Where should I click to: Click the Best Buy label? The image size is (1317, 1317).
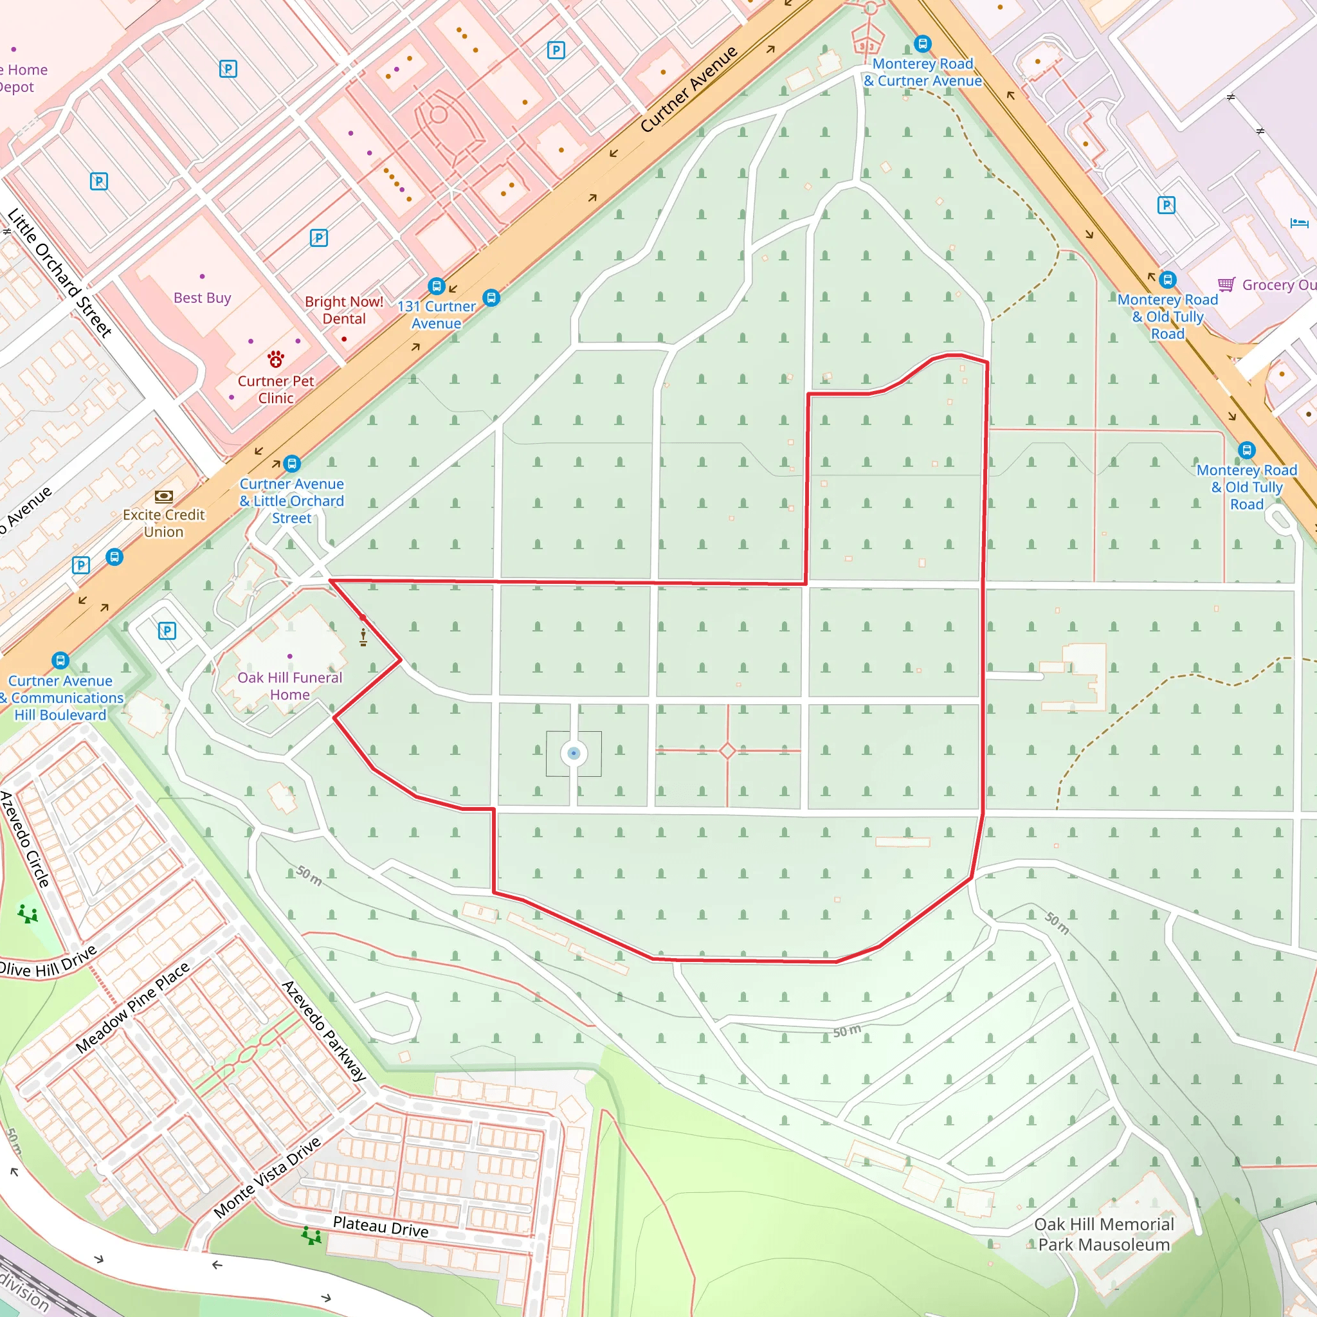point(202,298)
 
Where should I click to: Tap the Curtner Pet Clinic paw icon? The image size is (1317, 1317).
point(275,359)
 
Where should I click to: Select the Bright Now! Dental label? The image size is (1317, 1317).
point(343,310)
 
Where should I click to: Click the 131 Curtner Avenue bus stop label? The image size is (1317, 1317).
point(436,315)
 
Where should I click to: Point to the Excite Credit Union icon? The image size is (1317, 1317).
point(163,496)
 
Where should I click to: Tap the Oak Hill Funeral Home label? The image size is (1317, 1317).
point(290,686)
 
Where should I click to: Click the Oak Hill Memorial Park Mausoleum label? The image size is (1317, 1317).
point(1104,1234)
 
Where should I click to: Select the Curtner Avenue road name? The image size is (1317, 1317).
point(689,89)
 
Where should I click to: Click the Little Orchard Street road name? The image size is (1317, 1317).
point(59,273)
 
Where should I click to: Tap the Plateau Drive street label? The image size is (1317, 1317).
point(381,1226)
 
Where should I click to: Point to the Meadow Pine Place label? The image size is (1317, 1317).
point(132,1008)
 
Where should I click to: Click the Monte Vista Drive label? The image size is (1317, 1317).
point(268,1177)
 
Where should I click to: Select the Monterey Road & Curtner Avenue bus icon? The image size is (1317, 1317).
point(922,44)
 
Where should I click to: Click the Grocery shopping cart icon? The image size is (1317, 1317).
point(1226,284)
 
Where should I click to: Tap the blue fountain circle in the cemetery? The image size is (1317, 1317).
point(573,753)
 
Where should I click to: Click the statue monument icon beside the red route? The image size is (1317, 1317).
point(363,637)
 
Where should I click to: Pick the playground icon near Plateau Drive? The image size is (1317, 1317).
point(311,1235)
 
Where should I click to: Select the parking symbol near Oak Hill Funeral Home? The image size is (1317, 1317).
point(167,631)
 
